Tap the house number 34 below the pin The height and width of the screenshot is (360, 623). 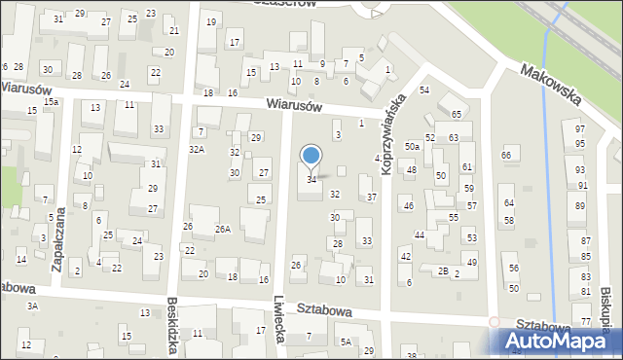click(x=311, y=179)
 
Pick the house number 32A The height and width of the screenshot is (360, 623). click(x=197, y=149)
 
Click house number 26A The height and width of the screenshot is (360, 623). click(x=223, y=229)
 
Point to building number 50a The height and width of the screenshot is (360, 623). click(x=413, y=146)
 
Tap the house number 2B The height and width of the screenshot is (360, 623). click(x=442, y=270)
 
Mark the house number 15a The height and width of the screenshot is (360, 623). click(x=50, y=101)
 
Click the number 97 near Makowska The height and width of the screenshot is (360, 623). click(x=580, y=129)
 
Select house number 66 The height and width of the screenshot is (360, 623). click(x=506, y=156)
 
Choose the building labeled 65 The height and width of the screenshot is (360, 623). click(x=456, y=115)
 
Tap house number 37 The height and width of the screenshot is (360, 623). click(x=372, y=197)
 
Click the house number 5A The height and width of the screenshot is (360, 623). click(x=346, y=342)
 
